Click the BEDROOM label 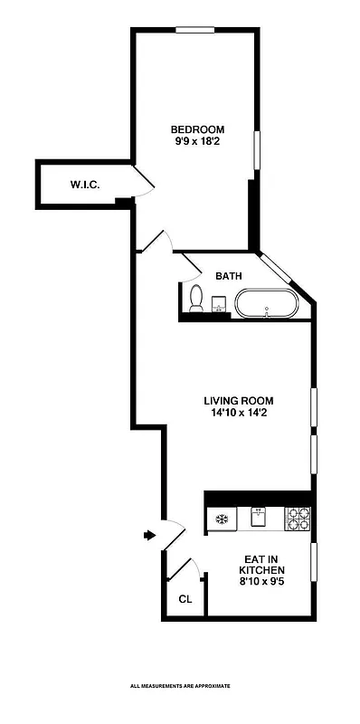(x=199, y=129)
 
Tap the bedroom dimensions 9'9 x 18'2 (x=199, y=141)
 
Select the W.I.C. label (x=85, y=186)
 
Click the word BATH (x=228, y=276)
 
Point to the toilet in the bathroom (x=195, y=298)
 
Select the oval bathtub (x=266, y=304)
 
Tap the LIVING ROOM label (x=238, y=401)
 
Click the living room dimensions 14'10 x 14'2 (x=238, y=414)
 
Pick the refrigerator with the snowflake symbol (x=222, y=519)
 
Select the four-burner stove (x=298, y=519)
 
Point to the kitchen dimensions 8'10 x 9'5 (x=261, y=583)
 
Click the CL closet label (x=185, y=599)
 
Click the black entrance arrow (x=149, y=536)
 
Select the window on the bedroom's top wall (x=194, y=31)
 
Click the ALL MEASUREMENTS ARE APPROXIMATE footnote (x=180, y=687)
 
